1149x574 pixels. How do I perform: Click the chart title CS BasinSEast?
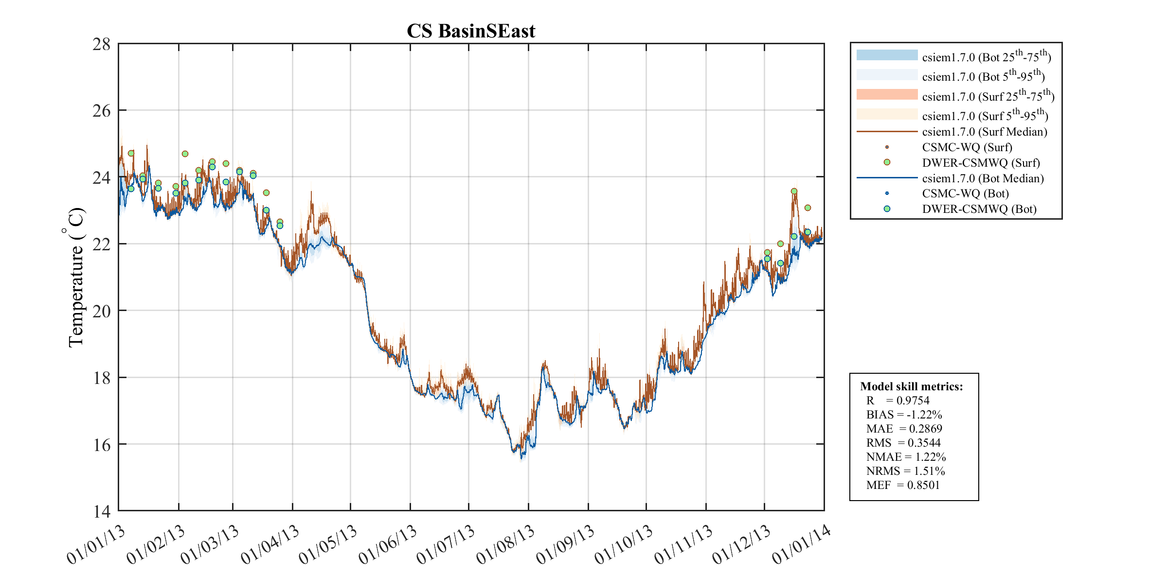click(470, 31)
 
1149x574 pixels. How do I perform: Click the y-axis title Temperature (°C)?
click(75, 278)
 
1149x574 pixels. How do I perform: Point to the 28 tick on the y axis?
click(102, 44)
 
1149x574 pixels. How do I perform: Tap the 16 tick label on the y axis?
click(102, 445)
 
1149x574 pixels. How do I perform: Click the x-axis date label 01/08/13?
click(506, 545)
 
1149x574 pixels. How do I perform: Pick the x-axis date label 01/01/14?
click(801, 545)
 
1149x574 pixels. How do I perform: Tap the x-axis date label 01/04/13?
click(270, 545)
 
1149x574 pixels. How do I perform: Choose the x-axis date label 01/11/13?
click(683, 545)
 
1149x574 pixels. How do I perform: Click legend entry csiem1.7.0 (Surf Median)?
click(985, 132)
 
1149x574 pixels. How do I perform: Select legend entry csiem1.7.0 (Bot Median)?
click(983, 178)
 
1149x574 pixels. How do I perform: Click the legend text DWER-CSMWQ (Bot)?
click(979, 209)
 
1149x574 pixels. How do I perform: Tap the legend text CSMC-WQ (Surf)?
click(967, 147)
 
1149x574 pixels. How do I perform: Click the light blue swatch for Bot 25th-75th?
click(887, 55)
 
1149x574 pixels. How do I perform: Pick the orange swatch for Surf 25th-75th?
click(887, 94)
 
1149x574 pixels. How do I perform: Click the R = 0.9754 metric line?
click(898, 400)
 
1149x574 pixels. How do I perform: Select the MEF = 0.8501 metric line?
click(903, 485)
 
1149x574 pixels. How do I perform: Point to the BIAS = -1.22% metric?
click(904, 415)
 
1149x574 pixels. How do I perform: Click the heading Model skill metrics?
click(911, 386)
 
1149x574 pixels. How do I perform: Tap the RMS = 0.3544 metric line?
click(903, 443)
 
